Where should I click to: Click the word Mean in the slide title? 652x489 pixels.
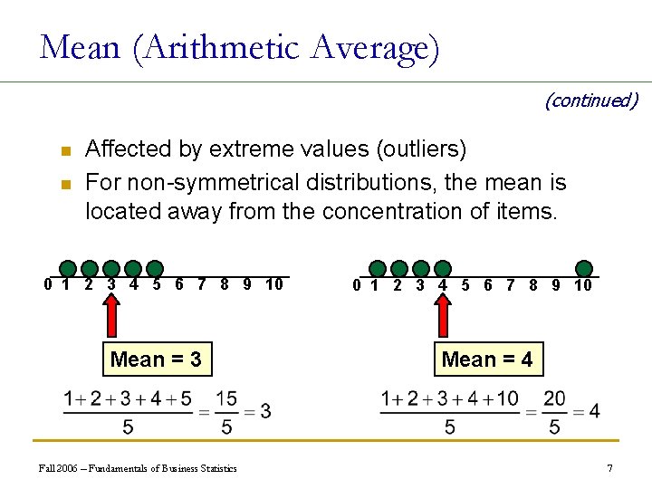pos(80,47)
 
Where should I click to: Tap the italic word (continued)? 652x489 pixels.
pos(590,100)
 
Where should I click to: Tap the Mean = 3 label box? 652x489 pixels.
pos(156,360)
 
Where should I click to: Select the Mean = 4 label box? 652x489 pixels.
pos(487,360)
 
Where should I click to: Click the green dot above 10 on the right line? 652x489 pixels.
pos(585,268)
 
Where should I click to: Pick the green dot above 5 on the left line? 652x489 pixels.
pos(155,268)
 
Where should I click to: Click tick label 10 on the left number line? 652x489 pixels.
pos(274,285)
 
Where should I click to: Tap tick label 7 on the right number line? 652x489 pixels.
pos(511,285)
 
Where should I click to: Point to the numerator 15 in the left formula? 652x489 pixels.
pos(226,398)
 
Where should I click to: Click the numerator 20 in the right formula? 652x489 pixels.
pos(554,398)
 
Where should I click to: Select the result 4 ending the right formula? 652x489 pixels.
pos(594,411)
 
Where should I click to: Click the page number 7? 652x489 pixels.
pos(610,468)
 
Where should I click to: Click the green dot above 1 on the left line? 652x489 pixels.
pos(68,268)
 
